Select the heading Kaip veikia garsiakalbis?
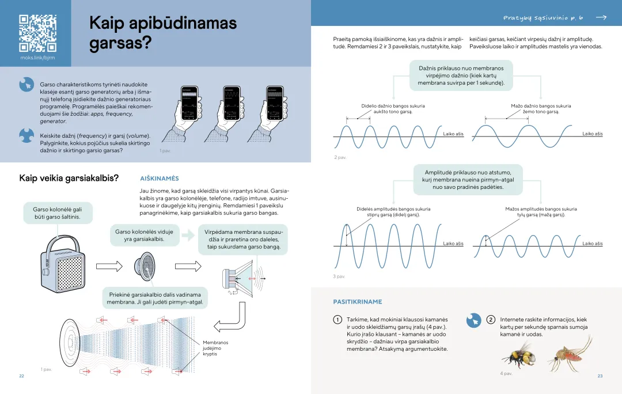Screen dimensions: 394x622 [69, 178]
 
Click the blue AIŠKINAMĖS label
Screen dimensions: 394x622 [160, 179]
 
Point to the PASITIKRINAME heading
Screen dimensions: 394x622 [357, 301]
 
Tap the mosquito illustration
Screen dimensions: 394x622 [568, 353]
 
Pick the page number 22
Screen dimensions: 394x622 [21, 376]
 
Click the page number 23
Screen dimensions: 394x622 [600, 376]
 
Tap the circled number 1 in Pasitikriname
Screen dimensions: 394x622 [337, 319]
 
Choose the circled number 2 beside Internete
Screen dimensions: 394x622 [491, 319]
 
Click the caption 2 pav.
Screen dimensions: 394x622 [340, 157]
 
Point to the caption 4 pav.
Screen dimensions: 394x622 [506, 373]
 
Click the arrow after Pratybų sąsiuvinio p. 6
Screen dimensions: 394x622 [601, 18]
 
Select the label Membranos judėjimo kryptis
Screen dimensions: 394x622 [215, 348]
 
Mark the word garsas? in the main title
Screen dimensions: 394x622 [119, 45]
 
